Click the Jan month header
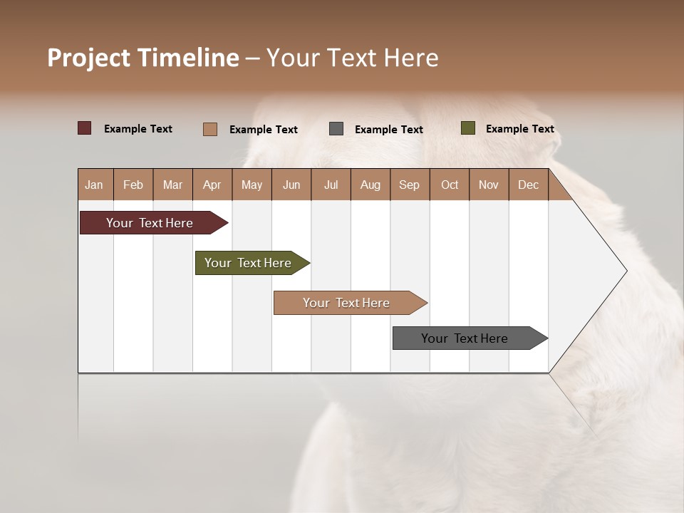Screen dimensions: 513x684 point(94,185)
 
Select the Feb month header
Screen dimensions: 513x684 point(133,185)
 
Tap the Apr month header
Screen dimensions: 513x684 point(212,185)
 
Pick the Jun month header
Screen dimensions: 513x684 point(291,185)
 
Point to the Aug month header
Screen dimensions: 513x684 point(370,185)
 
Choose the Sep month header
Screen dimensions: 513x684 point(409,185)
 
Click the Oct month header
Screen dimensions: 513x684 point(450,185)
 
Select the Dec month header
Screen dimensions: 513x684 point(528,185)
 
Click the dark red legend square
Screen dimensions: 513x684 point(85,128)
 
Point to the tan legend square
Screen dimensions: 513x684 point(210,129)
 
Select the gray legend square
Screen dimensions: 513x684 point(336,129)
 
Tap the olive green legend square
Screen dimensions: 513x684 point(468,128)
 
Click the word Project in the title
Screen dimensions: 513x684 point(89,58)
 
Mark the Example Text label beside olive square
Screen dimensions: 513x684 point(519,129)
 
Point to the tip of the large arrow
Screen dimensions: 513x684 point(626,271)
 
